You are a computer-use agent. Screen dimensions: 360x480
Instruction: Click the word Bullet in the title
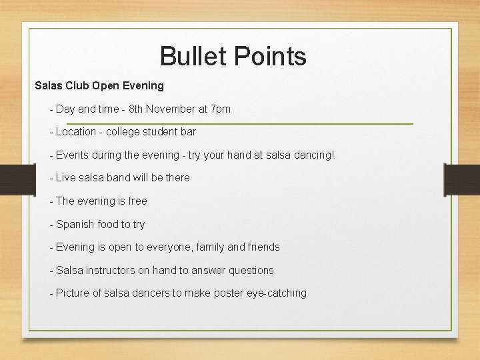click(x=189, y=56)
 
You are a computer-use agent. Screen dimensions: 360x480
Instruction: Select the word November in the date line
click(x=171, y=109)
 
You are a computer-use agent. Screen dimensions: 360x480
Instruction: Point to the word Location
click(x=76, y=132)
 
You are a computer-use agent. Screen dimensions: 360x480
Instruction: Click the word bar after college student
click(x=188, y=132)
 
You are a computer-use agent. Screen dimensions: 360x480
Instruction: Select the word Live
click(x=66, y=178)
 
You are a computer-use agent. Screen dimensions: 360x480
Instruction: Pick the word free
click(x=137, y=201)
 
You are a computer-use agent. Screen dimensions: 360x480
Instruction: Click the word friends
click(x=264, y=247)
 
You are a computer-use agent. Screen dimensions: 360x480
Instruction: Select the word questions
click(x=251, y=270)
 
